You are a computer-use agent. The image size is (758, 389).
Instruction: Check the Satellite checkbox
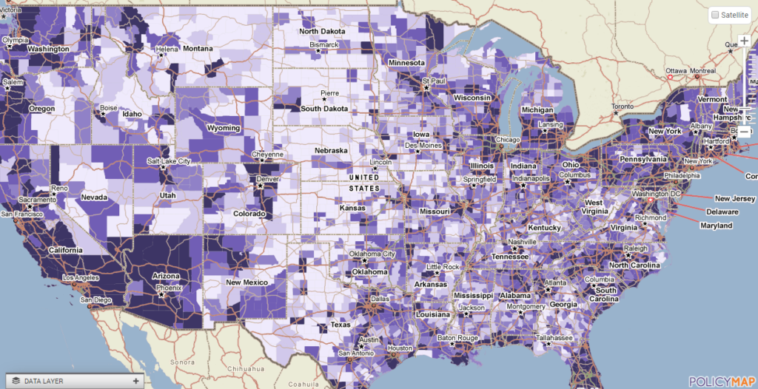pos(714,15)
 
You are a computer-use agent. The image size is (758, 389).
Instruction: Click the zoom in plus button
pos(744,41)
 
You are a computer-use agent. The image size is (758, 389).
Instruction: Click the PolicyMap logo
pos(721,381)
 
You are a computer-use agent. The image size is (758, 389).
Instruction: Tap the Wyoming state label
pos(223,128)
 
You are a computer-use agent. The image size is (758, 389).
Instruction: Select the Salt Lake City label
pos(169,161)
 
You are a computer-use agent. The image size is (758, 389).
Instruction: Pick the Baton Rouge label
pos(456,339)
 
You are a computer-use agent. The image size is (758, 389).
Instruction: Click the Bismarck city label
pos(323,44)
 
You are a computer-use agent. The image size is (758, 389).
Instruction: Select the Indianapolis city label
pos(529,178)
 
